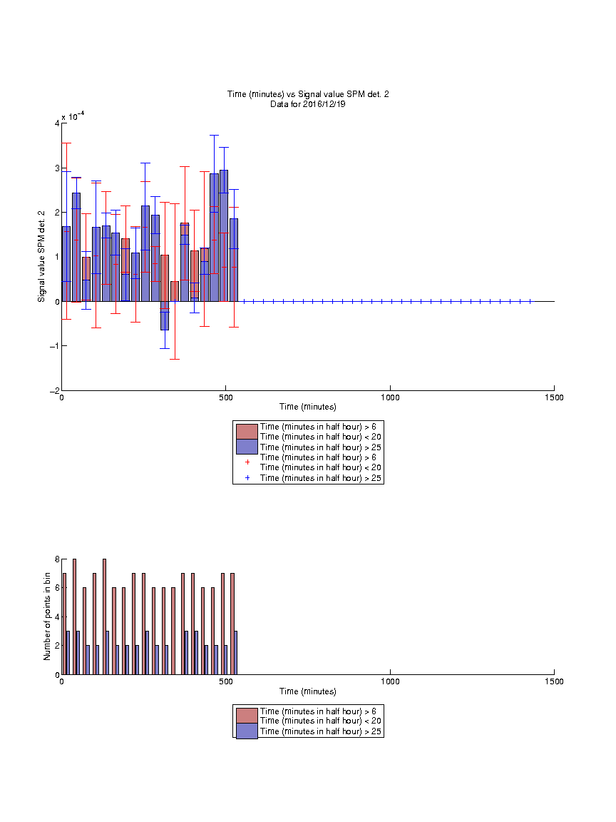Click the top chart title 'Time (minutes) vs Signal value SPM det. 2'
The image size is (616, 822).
click(x=308, y=94)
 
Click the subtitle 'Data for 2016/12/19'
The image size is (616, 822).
click(x=308, y=103)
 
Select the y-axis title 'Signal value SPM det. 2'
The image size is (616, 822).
click(x=41, y=256)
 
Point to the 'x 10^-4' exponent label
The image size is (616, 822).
click(x=73, y=116)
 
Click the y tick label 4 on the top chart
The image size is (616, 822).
click(x=57, y=123)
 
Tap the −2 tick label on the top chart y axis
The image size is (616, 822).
click(x=54, y=391)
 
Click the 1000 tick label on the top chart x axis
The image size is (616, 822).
click(x=390, y=397)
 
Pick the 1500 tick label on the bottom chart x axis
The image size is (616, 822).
click(x=554, y=681)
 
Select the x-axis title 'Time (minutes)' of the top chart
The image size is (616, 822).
click(x=308, y=407)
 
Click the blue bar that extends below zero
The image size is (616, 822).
click(x=165, y=315)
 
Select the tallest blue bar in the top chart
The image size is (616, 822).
click(x=224, y=236)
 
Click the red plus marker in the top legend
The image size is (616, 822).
click(x=247, y=462)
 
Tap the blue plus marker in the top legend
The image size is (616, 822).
click(x=247, y=478)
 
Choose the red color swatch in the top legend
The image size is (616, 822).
click(x=247, y=432)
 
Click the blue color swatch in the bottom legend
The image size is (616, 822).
click(x=247, y=731)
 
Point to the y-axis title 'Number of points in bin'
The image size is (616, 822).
click(x=47, y=616)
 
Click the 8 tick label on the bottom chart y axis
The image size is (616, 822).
click(x=57, y=559)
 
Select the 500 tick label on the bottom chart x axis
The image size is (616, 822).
click(x=226, y=681)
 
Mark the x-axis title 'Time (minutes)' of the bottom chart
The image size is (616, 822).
click(x=308, y=691)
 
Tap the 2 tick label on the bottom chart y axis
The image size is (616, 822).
click(x=57, y=646)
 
